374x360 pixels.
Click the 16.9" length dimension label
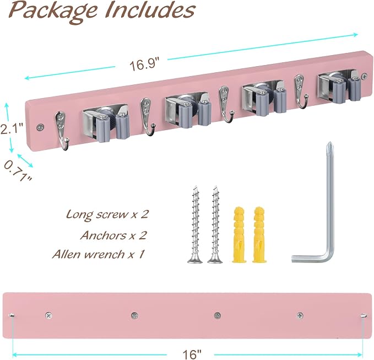(144, 65)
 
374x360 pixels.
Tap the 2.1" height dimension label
(12, 128)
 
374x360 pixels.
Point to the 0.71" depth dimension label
(17, 171)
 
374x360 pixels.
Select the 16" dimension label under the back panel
(192, 354)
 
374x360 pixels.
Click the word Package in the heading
(53, 12)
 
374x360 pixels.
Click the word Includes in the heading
(150, 10)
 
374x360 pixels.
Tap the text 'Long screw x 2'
(107, 214)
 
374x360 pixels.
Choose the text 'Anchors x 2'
(113, 235)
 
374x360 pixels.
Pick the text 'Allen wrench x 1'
(98, 254)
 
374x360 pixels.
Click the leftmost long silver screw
(196, 224)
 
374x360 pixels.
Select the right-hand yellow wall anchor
(259, 235)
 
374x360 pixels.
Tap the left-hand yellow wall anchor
(239, 235)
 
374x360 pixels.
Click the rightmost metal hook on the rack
(300, 91)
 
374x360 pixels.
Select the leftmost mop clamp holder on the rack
(106, 123)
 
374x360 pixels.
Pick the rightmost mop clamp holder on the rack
(338, 87)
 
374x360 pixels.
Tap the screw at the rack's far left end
(40, 127)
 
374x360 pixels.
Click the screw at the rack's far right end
(364, 77)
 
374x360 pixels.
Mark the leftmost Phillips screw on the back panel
(48, 315)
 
